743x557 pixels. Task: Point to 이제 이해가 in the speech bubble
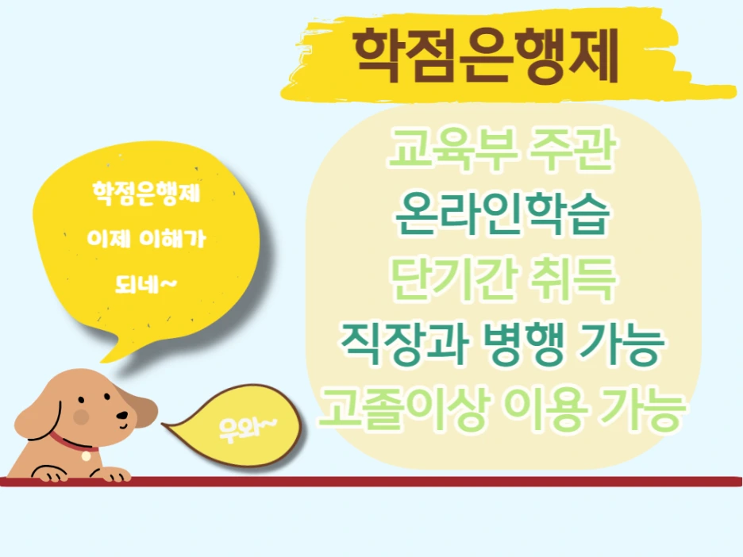(148, 237)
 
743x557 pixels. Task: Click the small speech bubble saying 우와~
(247, 428)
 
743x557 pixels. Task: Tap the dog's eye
(105, 401)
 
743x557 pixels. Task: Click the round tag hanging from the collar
(86, 456)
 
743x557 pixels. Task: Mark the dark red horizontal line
(371, 481)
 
